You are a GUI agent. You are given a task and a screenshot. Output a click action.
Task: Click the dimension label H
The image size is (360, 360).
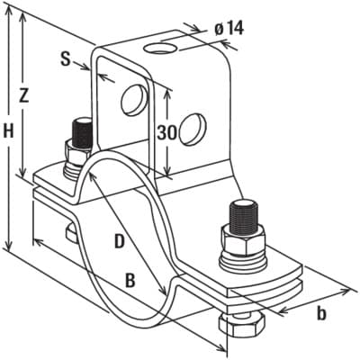(9, 131)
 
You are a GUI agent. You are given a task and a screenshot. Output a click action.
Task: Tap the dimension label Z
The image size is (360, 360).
(22, 95)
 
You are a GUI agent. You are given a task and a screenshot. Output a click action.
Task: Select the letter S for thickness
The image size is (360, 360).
(66, 58)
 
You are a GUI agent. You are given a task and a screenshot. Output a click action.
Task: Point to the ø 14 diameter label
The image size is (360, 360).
(229, 29)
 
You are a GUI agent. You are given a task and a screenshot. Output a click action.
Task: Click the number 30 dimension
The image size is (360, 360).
(166, 132)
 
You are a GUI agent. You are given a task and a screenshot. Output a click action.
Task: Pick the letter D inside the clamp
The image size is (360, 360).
(120, 241)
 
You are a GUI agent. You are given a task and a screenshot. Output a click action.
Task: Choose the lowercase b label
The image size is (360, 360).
(321, 313)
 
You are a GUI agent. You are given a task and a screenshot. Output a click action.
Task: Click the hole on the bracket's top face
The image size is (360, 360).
(160, 49)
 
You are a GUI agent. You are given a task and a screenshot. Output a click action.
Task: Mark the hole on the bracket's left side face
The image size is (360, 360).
(134, 100)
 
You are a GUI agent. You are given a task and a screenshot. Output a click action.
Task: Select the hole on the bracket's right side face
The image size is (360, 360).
(193, 129)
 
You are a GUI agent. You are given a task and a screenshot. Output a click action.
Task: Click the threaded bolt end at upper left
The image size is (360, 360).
(82, 133)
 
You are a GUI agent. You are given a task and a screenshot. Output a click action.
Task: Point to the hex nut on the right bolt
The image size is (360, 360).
(243, 240)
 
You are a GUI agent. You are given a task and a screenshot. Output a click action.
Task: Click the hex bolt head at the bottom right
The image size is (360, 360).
(242, 326)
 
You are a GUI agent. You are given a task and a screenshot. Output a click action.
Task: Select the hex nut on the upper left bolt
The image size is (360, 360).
(76, 153)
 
